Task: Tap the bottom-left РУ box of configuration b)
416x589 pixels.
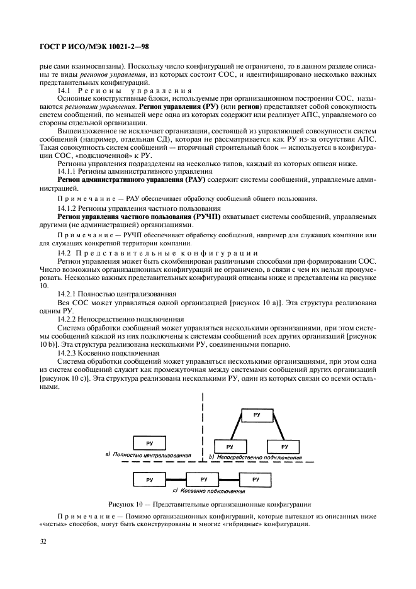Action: [x=230, y=446]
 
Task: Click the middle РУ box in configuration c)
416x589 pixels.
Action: [x=202, y=480]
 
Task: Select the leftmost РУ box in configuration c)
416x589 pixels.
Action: [x=149, y=480]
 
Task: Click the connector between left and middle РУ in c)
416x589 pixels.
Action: [x=176, y=480]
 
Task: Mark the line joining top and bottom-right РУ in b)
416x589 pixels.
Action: [x=274, y=430]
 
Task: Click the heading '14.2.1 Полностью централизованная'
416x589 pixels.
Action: [x=116, y=294]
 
